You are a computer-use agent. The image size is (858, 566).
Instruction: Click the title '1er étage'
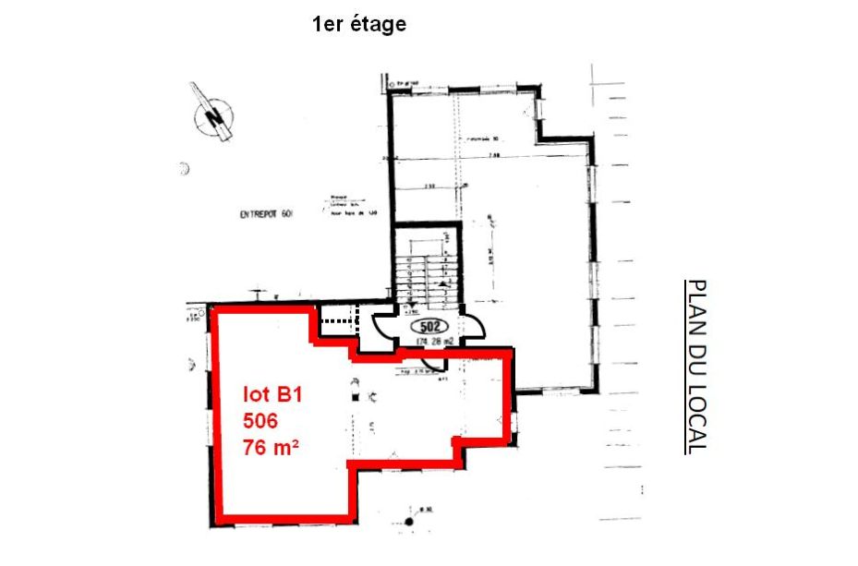tap(359, 25)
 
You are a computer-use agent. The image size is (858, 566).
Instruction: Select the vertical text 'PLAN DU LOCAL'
tap(697, 367)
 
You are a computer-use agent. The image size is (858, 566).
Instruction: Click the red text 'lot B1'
tap(273, 395)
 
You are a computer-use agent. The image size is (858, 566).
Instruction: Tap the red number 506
tap(260, 421)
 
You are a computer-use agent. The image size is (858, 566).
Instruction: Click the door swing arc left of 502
tap(385, 326)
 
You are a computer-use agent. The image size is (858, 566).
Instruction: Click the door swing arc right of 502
tap(472, 327)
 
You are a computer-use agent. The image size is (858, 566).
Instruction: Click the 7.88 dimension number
tap(494, 157)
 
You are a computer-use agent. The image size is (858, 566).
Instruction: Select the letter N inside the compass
tap(215, 118)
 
